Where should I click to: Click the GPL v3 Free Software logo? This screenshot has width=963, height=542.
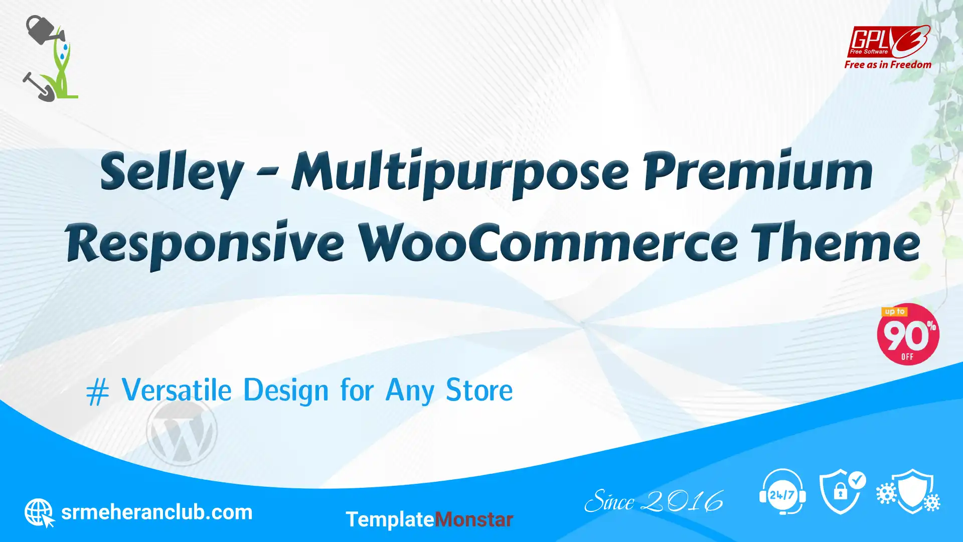click(x=888, y=41)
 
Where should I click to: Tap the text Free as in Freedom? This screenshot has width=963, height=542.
click(x=888, y=65)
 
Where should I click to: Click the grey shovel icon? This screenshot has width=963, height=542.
click(x=38, y=87)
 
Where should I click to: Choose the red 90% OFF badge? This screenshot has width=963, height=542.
click(x=908, y=334)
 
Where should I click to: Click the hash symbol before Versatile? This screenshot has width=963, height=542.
click(x=97, y=392)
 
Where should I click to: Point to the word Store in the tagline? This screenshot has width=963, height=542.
click(x=479, y=390)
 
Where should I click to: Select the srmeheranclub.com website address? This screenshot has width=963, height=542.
click(x=156, y=512)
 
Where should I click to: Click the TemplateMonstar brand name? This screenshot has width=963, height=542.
click(x=429, y=519)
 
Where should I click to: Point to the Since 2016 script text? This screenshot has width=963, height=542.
click(x=654, y=501)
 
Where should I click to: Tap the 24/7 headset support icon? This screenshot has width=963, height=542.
click(x=782, y=492)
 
